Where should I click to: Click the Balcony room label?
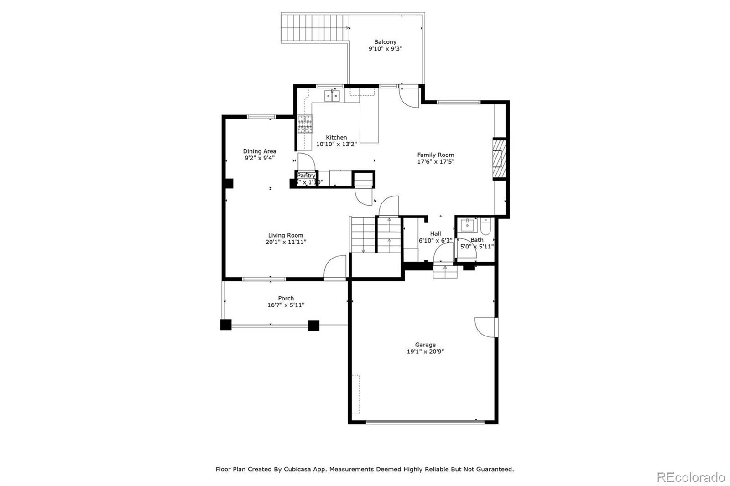coord(385,42)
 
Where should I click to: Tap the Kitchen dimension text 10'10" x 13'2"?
coord(336,144)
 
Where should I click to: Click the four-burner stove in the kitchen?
coord(305,124)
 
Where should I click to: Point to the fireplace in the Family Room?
coord(500,159)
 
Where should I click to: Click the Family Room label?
coord(435,155)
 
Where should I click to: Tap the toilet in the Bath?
coord(485,226)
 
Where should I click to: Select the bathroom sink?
coord(467,225)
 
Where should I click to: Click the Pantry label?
coord(306,176)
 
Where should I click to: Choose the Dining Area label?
coord(259,151)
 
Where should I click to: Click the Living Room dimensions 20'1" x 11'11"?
coord(286,242)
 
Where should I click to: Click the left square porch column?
coord(226,325)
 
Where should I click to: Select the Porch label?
coord(286,299)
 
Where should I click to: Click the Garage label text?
coord(425,345)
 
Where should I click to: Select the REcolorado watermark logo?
coord(690,477)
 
